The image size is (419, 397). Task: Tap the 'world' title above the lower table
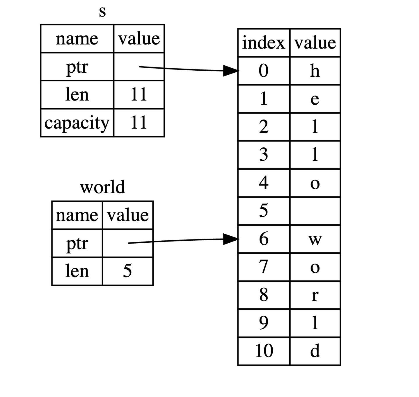tap(102, 187)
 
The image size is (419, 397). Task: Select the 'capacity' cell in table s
tap(77, 123)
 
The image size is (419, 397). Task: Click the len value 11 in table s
tap(139, 94)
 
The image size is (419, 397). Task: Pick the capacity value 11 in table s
tap(139, 123)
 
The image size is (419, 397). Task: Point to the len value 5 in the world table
tap(127, 271)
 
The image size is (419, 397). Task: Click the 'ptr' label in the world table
tap(77, 243)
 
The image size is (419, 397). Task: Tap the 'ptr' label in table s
tap(77, 67)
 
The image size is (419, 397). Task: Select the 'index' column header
tap(263, 43)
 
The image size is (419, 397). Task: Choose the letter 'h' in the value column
tap(315, 71)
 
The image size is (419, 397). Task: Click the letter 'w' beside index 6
tap(315, 239)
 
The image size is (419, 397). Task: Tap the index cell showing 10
tap(264, 351)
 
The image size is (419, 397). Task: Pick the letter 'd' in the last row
tap(315, 351)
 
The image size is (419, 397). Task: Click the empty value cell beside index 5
tap(315, 211)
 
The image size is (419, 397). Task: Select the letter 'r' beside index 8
tap(315, 295)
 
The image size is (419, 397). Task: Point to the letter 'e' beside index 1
tap(315, 99)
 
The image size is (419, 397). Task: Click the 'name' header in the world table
tap(77, 215)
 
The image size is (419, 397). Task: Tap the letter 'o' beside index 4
tap(315, 183)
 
